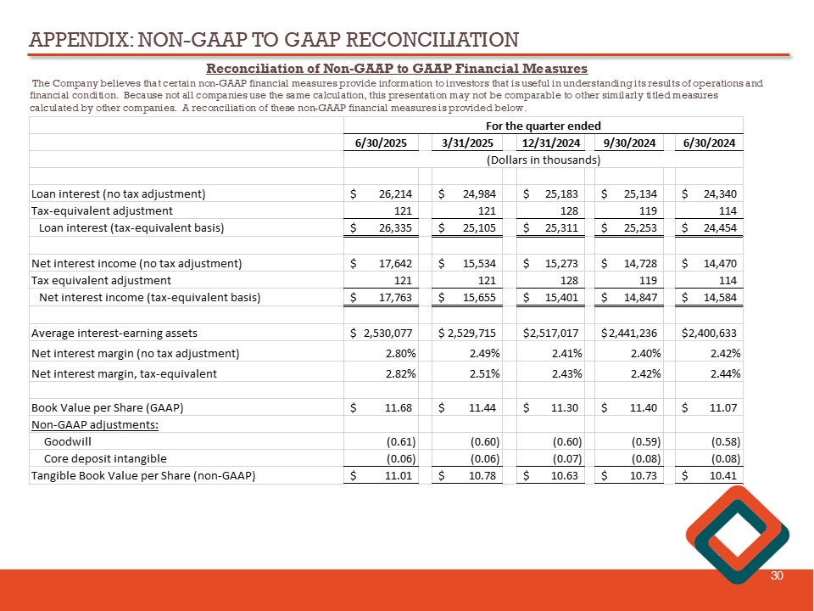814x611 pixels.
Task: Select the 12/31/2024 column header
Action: point(550,143)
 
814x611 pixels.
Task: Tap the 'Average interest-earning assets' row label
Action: point(114,333)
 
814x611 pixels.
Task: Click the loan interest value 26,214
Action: point(393,193)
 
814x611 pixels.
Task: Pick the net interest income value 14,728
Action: point(639,263)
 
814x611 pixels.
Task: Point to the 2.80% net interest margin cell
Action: point(398,353)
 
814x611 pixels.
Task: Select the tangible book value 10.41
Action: point(724,475)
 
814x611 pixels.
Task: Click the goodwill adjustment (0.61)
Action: point(399,442)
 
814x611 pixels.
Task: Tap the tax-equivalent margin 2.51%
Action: point(485,373)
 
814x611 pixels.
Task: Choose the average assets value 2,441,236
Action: point(632,333)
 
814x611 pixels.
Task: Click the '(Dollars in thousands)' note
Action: point(543,160)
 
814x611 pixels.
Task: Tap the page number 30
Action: point(777,576)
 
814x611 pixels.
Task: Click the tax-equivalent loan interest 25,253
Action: point(639,227)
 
